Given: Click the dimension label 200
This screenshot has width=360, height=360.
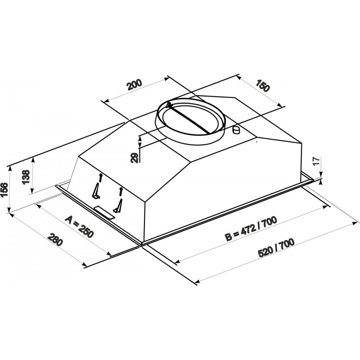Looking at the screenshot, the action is (135, 85).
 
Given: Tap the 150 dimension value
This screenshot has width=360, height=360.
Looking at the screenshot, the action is (262, 85).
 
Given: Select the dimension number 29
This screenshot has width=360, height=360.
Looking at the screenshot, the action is (135, 158).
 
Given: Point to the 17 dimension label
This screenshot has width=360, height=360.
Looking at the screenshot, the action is (316, 162).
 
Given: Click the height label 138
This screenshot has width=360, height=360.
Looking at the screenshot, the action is (26, 177).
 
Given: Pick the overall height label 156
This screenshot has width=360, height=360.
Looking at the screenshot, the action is (4, 190).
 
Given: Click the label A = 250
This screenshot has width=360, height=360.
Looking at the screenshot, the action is (79, 227).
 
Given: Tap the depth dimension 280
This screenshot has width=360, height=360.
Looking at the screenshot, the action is (55, 239).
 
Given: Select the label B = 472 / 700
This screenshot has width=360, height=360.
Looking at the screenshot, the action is (251, 229).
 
